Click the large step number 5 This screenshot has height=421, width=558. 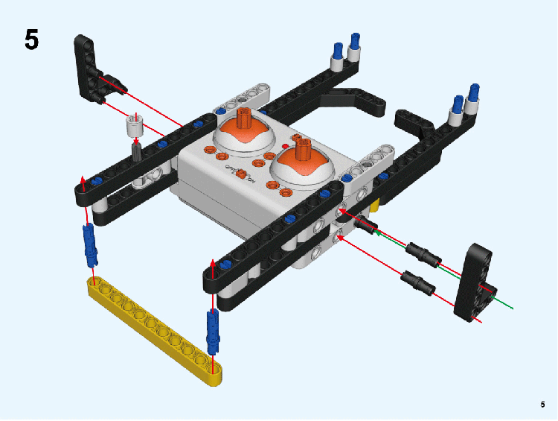(x=32, y=39)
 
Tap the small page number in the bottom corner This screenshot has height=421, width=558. (x=542, y=405)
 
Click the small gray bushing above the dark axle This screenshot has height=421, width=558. (x=135, y=125)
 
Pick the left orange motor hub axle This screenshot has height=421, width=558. (x=244, y=118)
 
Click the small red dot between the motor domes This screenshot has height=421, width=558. (x=285, y=146)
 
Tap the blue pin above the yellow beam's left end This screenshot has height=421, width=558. (x=90, y=245)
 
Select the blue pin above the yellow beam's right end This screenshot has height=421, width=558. (x=213, y=332)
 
